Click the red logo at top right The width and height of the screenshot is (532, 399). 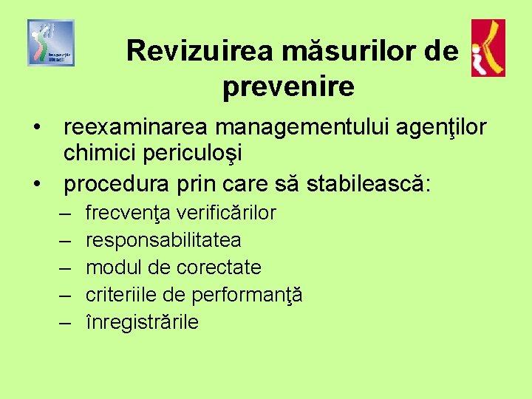pos(488,48)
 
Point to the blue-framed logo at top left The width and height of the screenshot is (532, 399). pos(51,43)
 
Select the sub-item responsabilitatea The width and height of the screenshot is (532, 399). pos(163,240)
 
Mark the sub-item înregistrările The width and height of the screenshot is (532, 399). pos(143,322)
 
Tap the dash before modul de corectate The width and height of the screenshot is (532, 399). pos(64,267)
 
